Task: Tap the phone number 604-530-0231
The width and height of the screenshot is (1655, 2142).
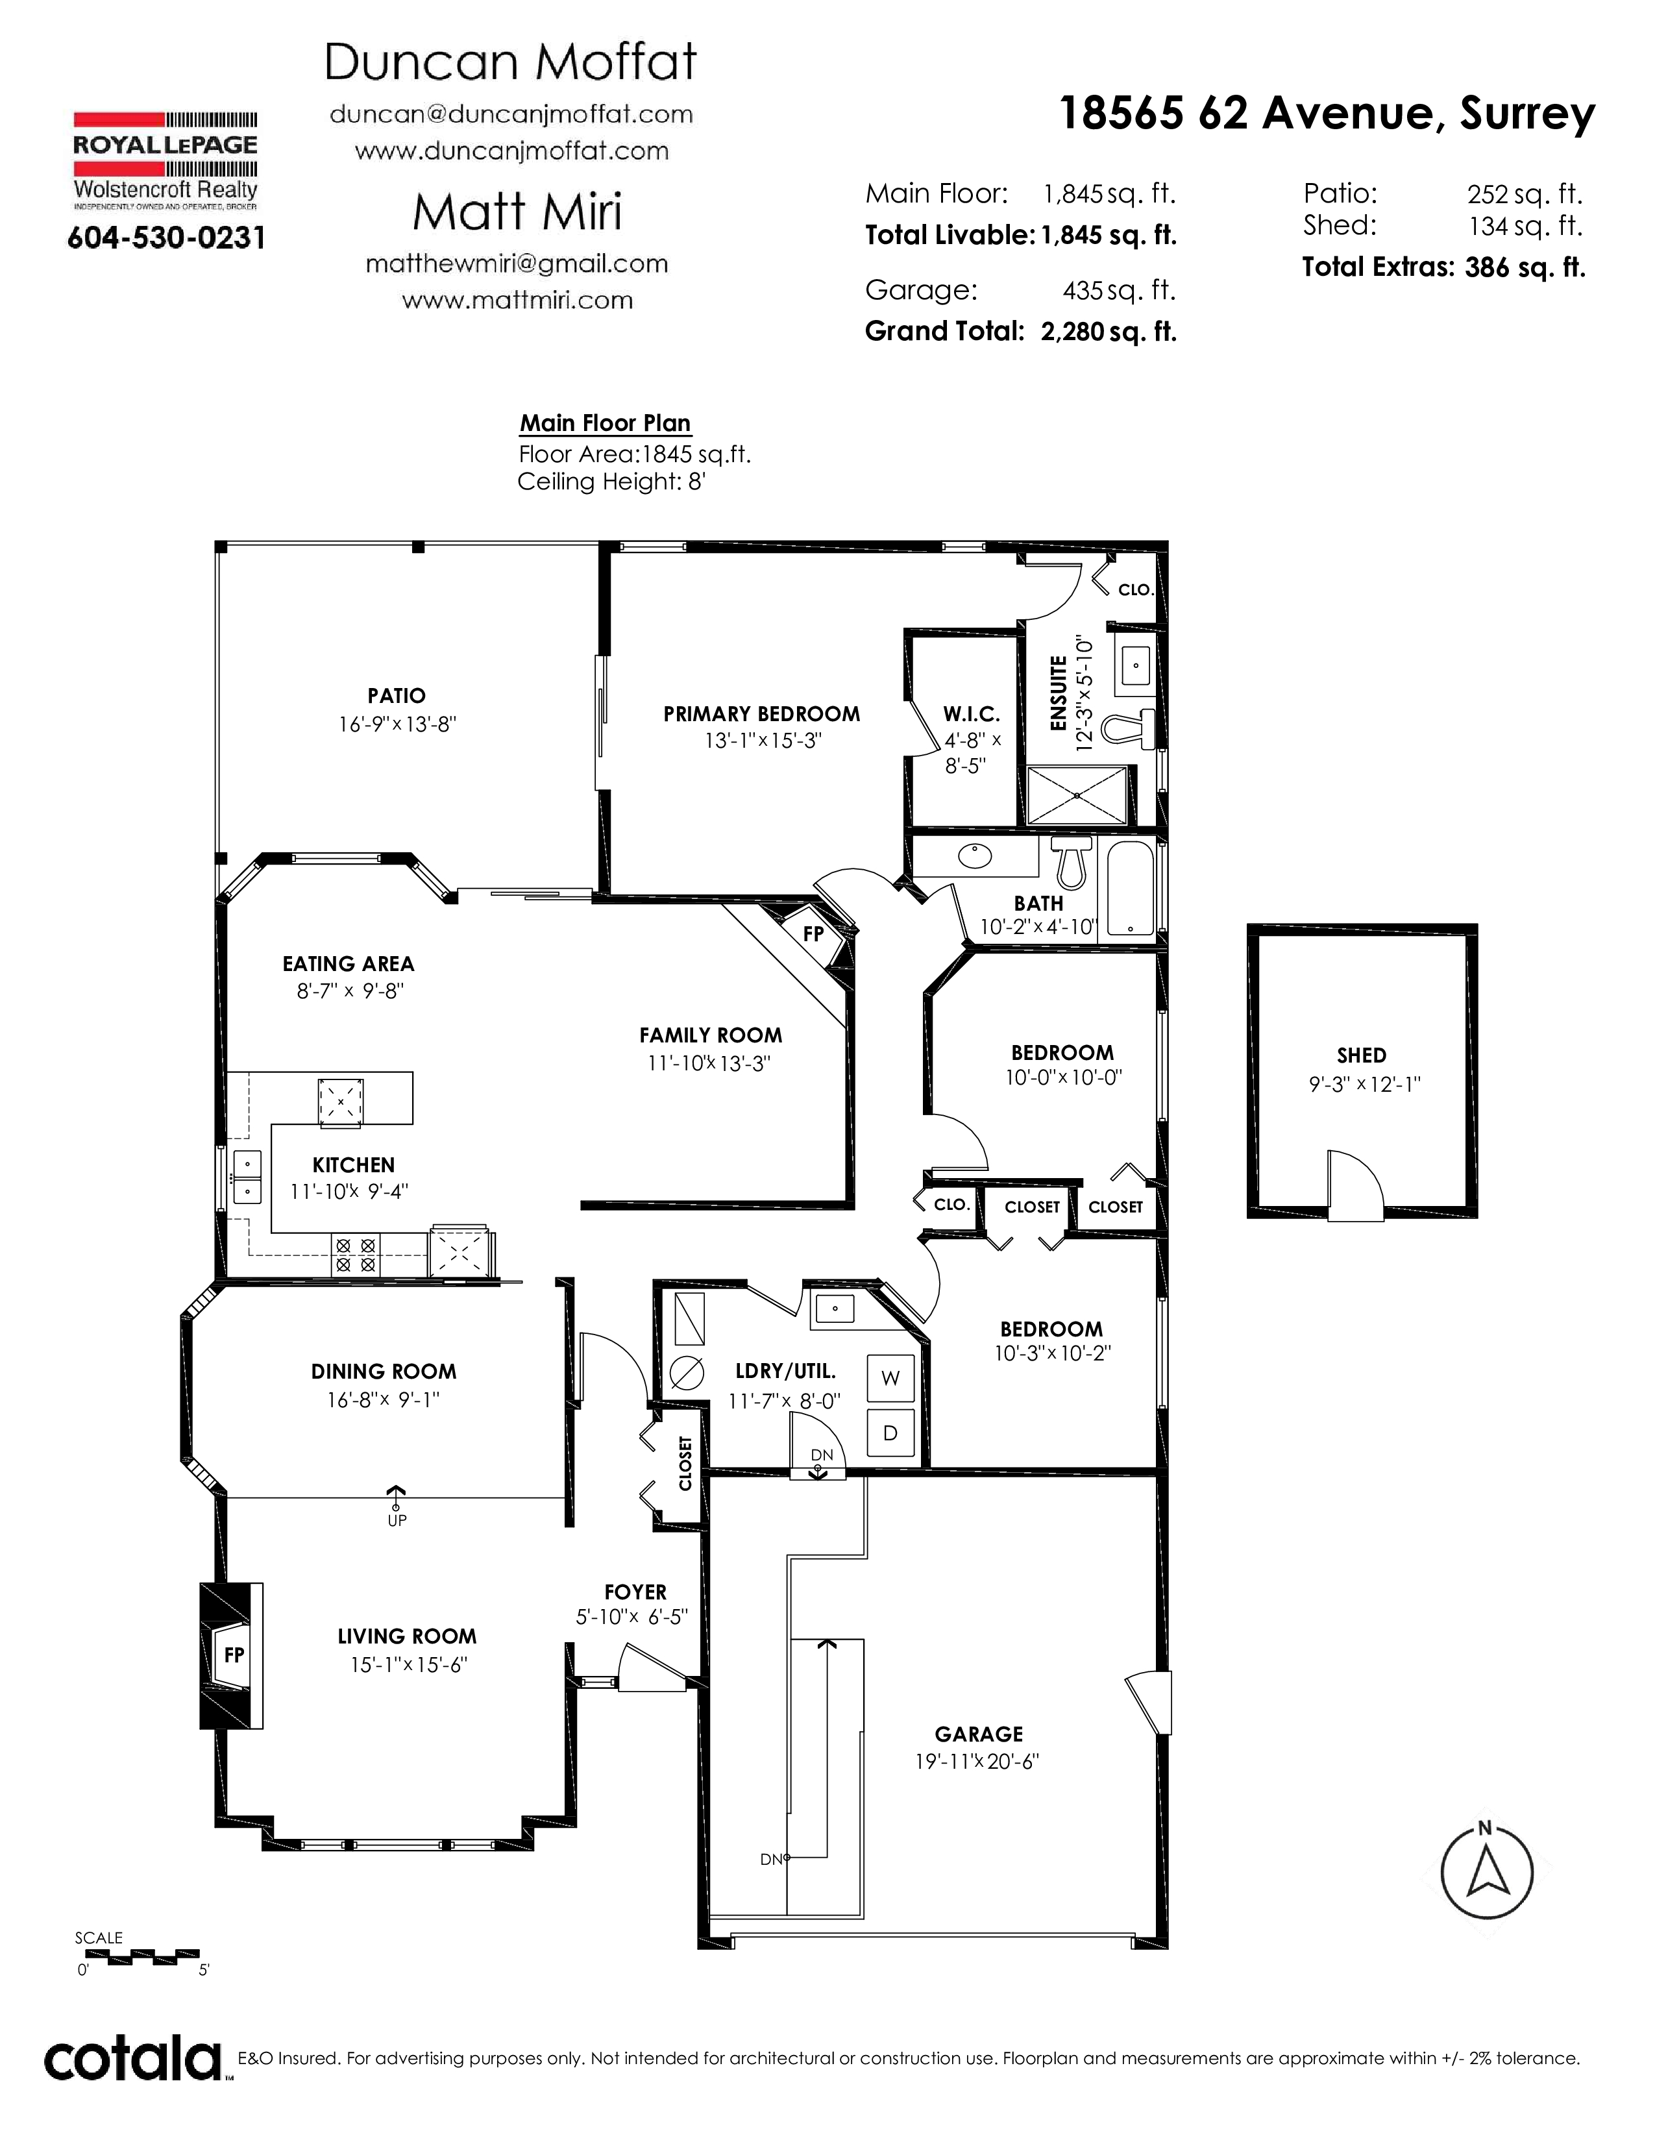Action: (x=165, y=238)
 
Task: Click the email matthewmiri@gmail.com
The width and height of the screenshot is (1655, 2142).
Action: (x=517, y=264)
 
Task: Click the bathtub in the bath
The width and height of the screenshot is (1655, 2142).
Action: (x=1131, y=889)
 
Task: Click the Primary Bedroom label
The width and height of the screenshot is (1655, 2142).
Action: (x=762, y=714)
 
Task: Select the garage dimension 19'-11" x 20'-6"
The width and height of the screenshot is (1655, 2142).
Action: (x=977, y=1762)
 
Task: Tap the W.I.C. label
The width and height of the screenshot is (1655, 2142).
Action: (x=972, y=714)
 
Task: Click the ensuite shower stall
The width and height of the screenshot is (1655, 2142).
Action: (x=1077, y=794)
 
